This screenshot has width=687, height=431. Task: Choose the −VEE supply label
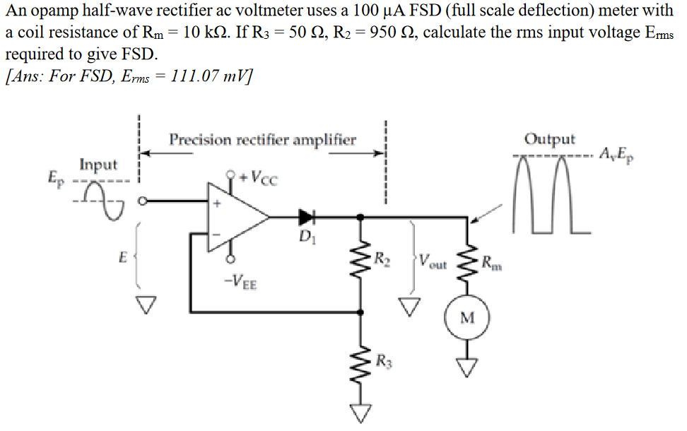(x=241, y=284)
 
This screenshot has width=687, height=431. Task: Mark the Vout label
(x=433, y=264)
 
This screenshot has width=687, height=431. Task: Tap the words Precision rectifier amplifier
(x=262, y=139)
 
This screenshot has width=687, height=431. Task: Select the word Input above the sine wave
(x=98, y=165)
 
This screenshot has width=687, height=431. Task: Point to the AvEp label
(x=619, y=153)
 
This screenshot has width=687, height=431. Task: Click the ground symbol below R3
(x=362, y=413)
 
